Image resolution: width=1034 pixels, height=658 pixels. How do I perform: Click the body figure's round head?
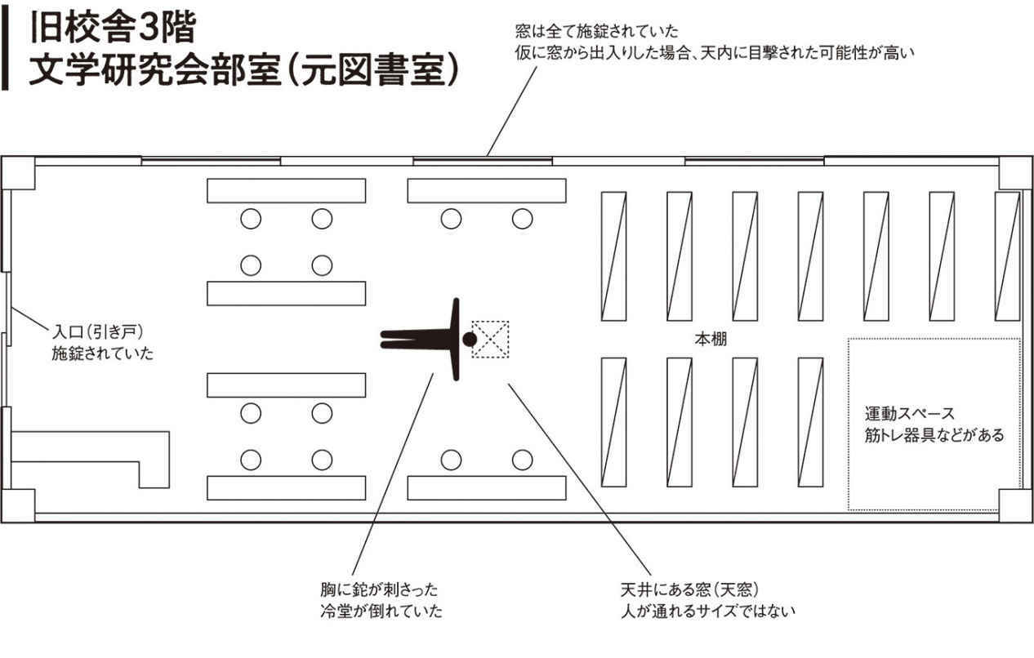click(x=469, y=339)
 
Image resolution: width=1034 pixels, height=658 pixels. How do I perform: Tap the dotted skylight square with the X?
click(x=491, y=339)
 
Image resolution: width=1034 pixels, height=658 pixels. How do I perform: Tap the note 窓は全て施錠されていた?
click(x=597, y=33)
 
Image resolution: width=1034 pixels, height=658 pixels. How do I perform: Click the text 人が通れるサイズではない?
click(x=707, y=611)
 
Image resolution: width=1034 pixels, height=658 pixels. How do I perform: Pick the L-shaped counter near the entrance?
click(x=90, y=457)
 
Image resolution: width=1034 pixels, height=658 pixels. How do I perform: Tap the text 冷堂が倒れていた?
click(x=381, y=611)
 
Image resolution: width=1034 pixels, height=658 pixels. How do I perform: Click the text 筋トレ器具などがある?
click(x=934, y=435)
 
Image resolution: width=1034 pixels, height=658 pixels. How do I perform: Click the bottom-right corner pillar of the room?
click(x=1015, y=505)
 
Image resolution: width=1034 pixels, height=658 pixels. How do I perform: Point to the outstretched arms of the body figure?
click(x=456, y=339)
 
